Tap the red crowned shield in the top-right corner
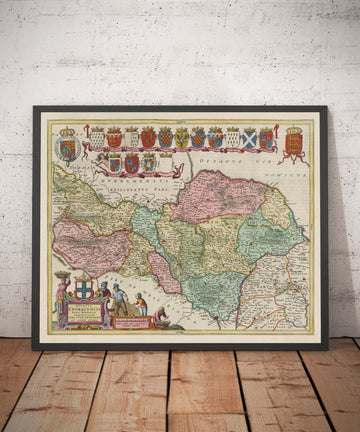tap(294, 141)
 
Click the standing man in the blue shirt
tap(119, 300)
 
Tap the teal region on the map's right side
tap(268, 232)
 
